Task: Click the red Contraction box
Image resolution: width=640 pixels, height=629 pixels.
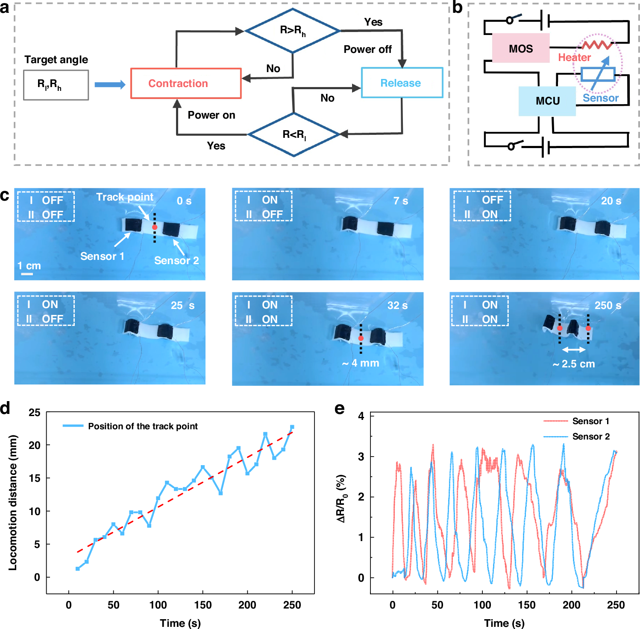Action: [x=186, y=83]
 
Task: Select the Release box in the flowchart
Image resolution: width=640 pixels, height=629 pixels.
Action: [x=402, y=83]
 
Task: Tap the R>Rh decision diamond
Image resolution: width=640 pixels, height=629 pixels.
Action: [x=293, y=30]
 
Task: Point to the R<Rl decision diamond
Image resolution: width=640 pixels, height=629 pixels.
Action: [x=294, y=134]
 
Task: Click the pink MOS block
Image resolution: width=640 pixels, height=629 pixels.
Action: [x=520, y=48]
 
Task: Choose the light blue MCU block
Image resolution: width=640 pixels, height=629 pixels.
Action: [x=547, y=101]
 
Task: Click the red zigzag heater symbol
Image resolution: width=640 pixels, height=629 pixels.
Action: [x=597, y=44]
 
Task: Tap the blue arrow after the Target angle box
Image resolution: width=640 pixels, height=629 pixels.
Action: [x=110, y=84]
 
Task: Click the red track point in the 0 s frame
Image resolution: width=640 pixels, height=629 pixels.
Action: [x=155, y=227]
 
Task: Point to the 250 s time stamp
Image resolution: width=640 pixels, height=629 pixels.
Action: [x=608, y=306]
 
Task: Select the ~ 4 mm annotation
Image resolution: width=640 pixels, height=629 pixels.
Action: [x=361, y=363]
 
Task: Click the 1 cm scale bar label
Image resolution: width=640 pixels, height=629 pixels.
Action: [x=29, y=266]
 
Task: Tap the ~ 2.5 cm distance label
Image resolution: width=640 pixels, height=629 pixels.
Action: [x=573, y=364]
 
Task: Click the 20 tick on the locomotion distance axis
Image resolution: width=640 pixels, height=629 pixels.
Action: [x=34, y=445]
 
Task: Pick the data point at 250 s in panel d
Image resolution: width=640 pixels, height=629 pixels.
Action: [x=292, y=427]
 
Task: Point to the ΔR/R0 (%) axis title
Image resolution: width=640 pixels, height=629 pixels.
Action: [x=341, y=498]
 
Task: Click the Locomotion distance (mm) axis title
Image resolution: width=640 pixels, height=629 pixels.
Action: [x=13, y=503]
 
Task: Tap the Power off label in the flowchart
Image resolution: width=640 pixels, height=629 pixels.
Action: [x=367, y=50]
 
